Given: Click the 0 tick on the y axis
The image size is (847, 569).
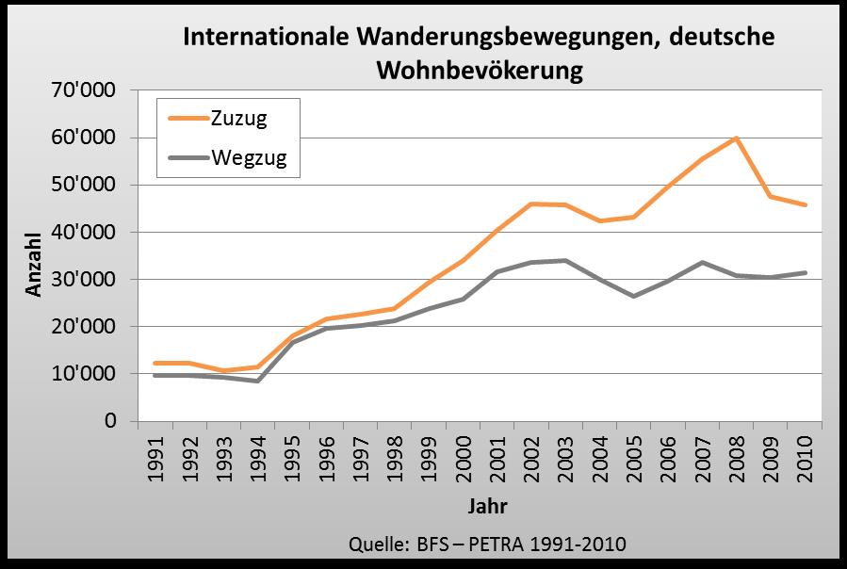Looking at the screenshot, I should [x=110, y=421].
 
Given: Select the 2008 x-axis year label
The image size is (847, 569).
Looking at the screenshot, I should [x=736, y=458].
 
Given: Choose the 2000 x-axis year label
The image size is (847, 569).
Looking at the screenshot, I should [x=463, y=458].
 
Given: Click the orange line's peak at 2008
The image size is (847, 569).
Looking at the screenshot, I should [x=736, y=138].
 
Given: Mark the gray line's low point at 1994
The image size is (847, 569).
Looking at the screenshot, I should [x=258, y=381].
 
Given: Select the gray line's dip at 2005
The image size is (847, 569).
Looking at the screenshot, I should [x=633, y=296].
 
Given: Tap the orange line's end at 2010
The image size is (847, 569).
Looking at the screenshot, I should [x=805, y=204].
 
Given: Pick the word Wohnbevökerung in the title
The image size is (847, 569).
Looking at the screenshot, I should [x=480, y=70].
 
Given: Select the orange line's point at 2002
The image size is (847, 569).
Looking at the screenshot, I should [x=530, y=203].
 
